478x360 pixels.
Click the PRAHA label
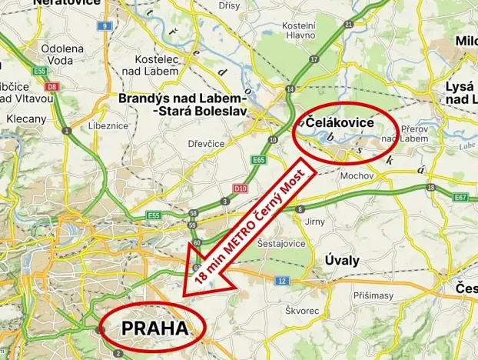pos(154,328)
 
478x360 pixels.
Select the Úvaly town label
pos(341,260)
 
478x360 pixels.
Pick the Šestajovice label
pos(280,243)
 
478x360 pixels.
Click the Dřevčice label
pos(207,143)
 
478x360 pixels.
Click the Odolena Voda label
pos(56,54)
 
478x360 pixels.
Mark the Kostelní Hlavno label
pos(300,30)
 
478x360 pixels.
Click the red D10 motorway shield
pos(240,187)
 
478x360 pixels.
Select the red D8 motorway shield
pos(52,87)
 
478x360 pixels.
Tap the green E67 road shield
pos(460,198)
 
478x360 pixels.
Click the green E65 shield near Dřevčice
pos(258,159)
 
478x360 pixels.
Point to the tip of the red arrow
pos(184,295)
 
